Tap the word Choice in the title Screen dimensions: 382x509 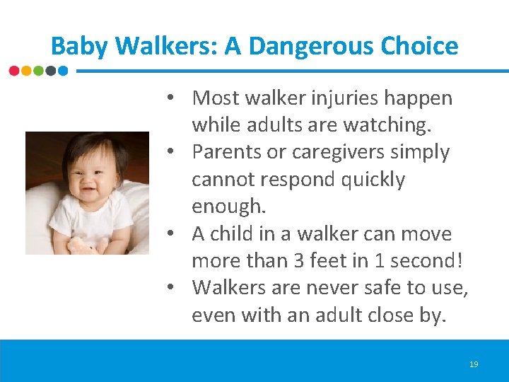420,47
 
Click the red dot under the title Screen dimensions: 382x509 14,71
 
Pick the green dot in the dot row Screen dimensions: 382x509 38,71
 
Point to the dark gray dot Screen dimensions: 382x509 50,71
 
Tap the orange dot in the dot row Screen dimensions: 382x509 26,71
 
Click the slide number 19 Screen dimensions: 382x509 474,364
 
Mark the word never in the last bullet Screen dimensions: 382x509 332,288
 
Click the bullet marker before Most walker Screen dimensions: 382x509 172,98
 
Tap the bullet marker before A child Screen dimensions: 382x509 172,234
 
